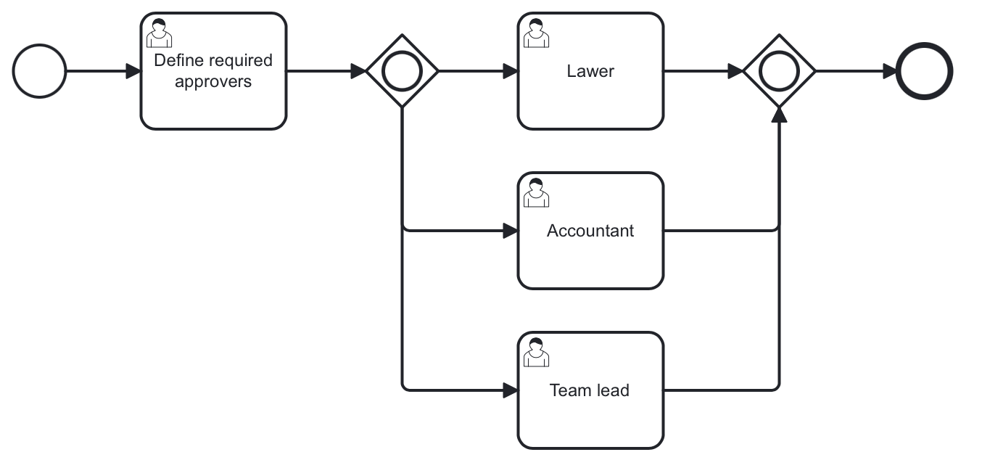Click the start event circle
pos(40,71)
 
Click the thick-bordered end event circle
pos(924,71)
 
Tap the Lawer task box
pos(590,94)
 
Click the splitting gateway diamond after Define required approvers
pos(402,71)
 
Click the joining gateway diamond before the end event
pos(779,71)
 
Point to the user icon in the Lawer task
pos(536,33)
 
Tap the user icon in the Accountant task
pos(536,193)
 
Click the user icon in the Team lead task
pos(536,353)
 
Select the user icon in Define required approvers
pos(159,33)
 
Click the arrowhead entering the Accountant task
pos(511,231)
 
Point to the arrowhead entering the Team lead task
pos(511,390)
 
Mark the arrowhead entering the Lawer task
pos(511,71)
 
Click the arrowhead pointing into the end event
pos(888,71)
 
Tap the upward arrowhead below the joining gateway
pos(779,115)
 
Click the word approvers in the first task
pos(213,81)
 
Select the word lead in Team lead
pos(614,390)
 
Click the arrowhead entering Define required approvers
pos(133,71)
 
